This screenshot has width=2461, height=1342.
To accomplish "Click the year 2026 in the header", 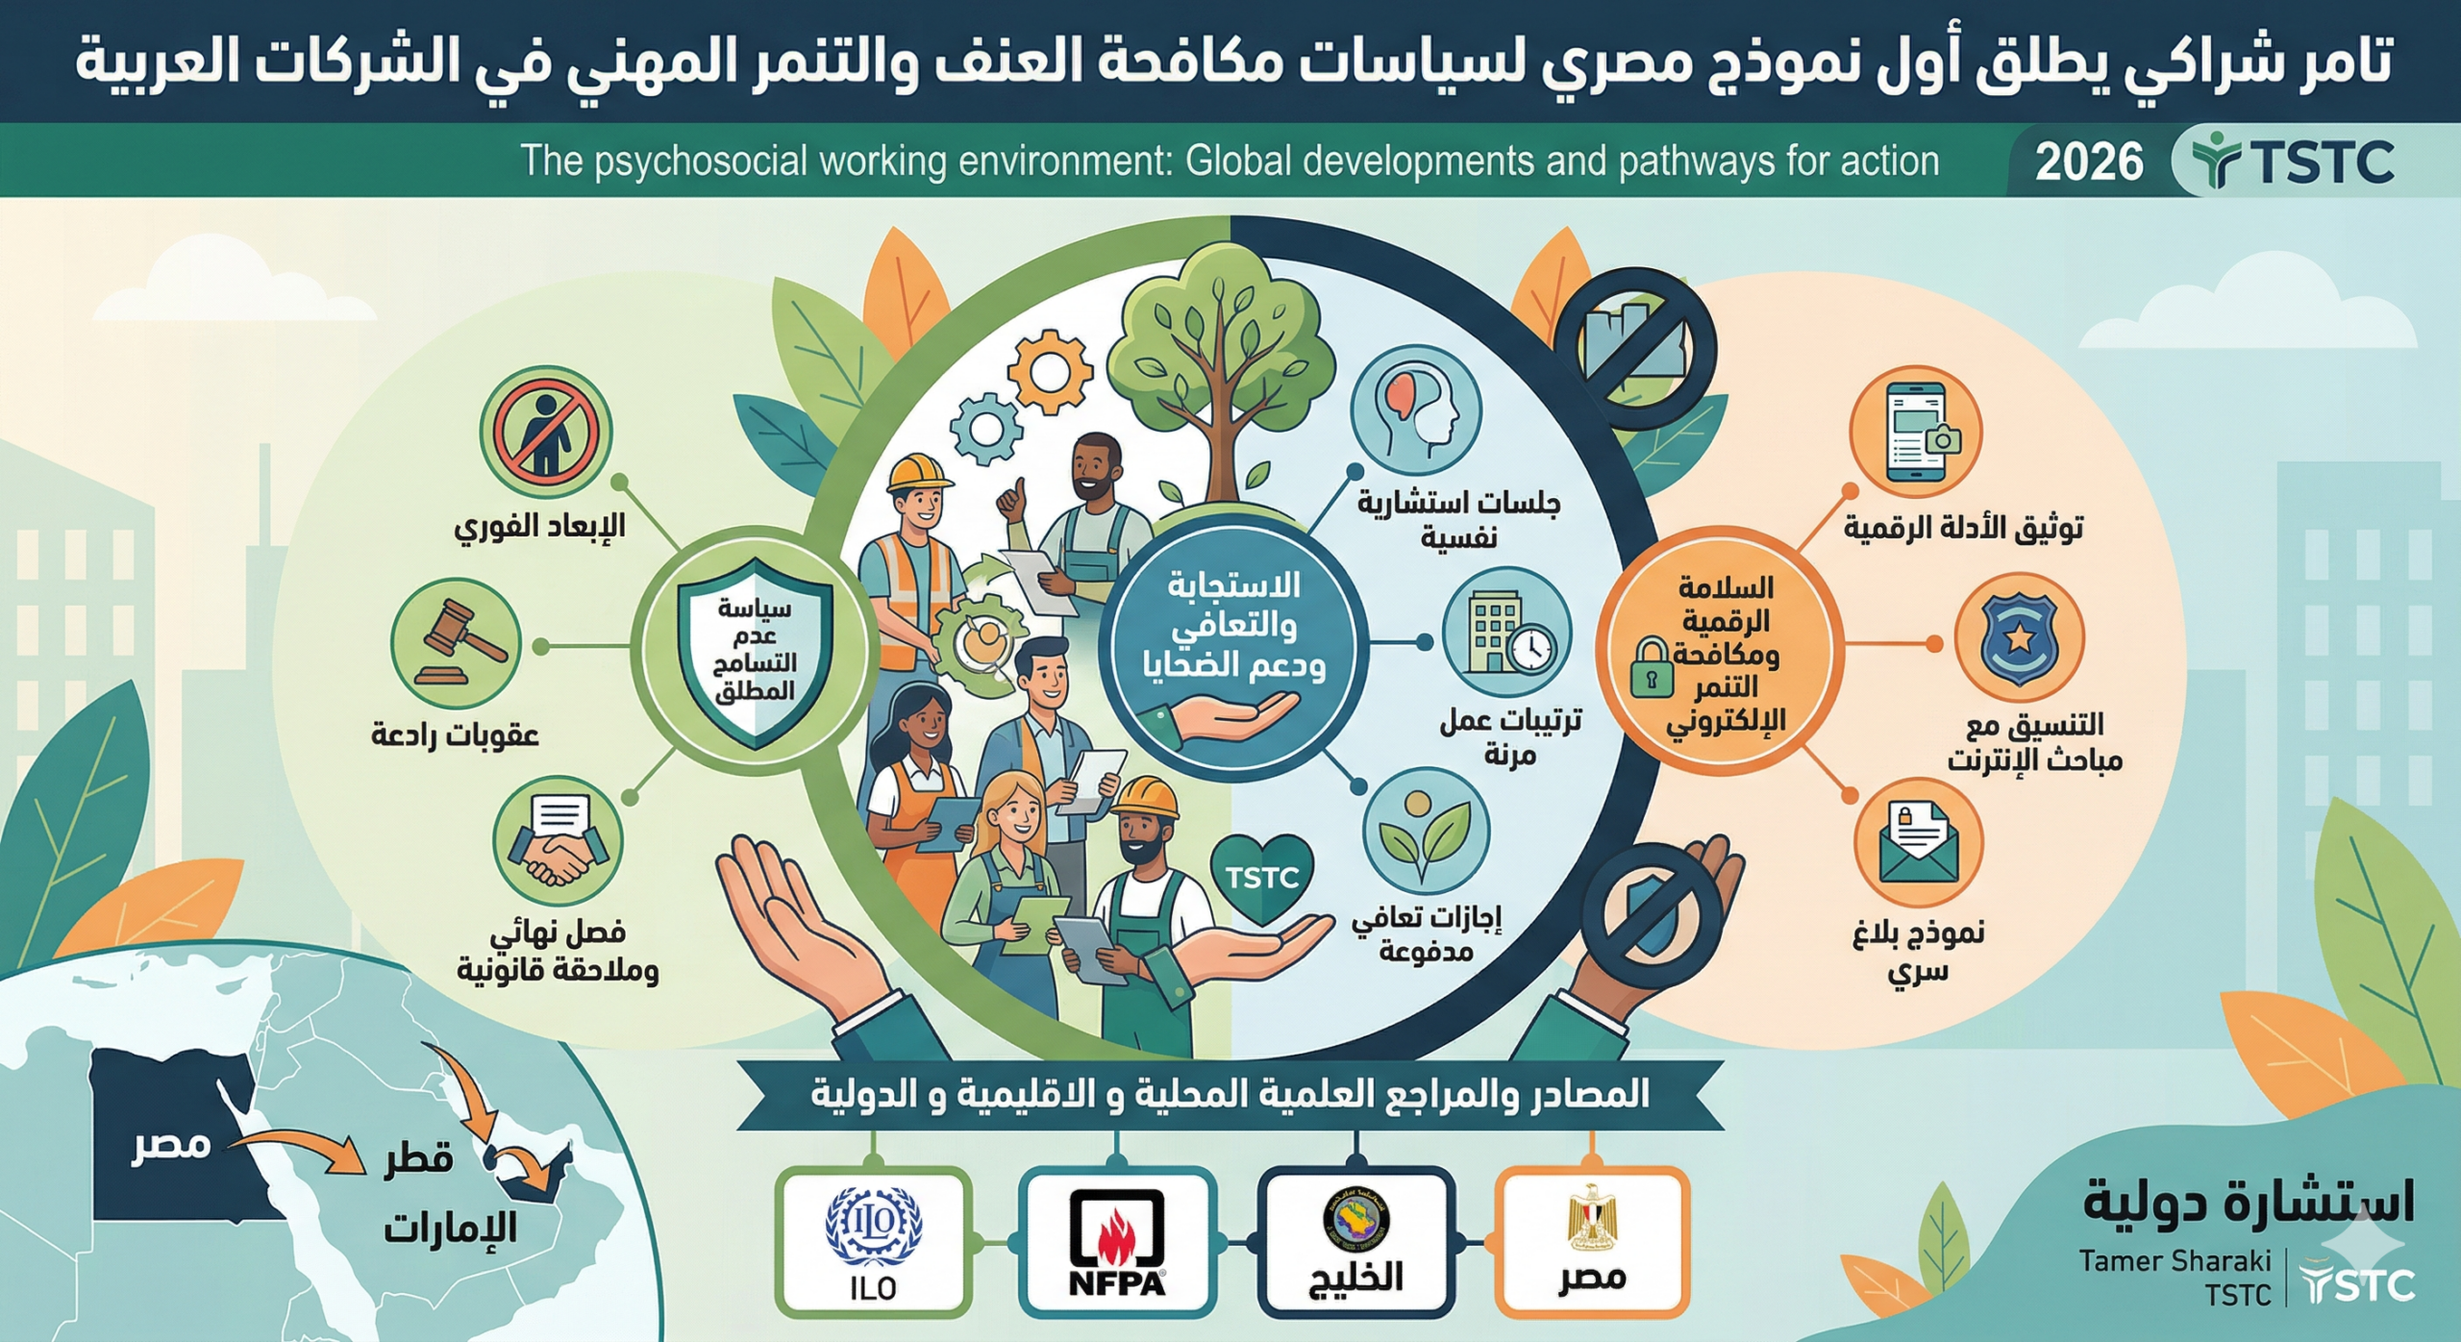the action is [2088, 162].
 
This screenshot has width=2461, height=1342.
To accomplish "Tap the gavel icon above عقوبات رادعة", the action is [456, 643].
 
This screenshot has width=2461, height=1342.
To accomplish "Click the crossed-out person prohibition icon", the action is [546, 434].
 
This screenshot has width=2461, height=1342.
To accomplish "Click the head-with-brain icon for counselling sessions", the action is [1416, 410].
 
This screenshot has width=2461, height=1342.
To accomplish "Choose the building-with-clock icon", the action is [1505, 632].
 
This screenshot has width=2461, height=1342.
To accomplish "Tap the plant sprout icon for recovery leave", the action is [1426, 833].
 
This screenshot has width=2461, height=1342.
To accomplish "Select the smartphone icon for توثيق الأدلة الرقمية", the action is [1916, 432].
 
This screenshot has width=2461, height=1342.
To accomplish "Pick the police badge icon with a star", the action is [2019, 638].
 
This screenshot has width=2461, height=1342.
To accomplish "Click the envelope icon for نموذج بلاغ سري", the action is [1919, 843].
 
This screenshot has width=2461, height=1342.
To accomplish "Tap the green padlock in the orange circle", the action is [1652, 667].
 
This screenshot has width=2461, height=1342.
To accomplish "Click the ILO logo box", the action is [873, 1242].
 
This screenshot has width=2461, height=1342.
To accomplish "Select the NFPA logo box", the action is [1116, 1242].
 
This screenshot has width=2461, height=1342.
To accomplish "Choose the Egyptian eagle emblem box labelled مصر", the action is [1592, 1242].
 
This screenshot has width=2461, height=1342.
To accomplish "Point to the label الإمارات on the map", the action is [450, 1228].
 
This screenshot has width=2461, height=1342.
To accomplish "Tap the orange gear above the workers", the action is [1049, 370].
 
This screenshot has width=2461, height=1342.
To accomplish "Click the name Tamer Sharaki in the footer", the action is [2175, 1261].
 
